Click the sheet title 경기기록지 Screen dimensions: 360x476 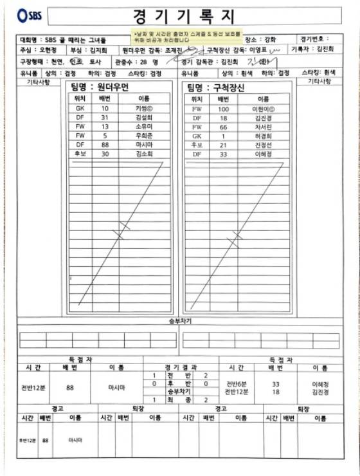pos(184,15)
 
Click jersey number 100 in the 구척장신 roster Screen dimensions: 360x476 pos(223,109)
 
